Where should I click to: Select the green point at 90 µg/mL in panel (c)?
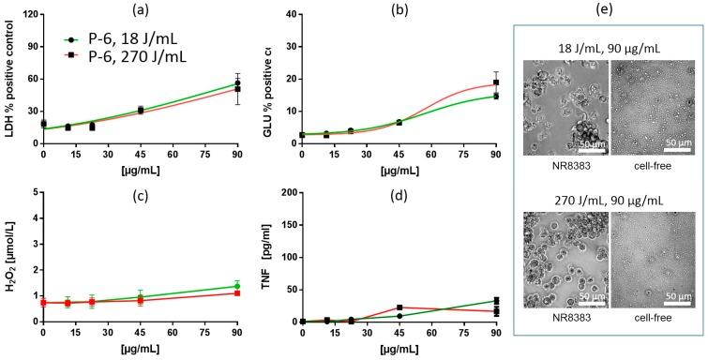coord(237,286)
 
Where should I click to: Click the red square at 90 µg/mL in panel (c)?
coord(237,293)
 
